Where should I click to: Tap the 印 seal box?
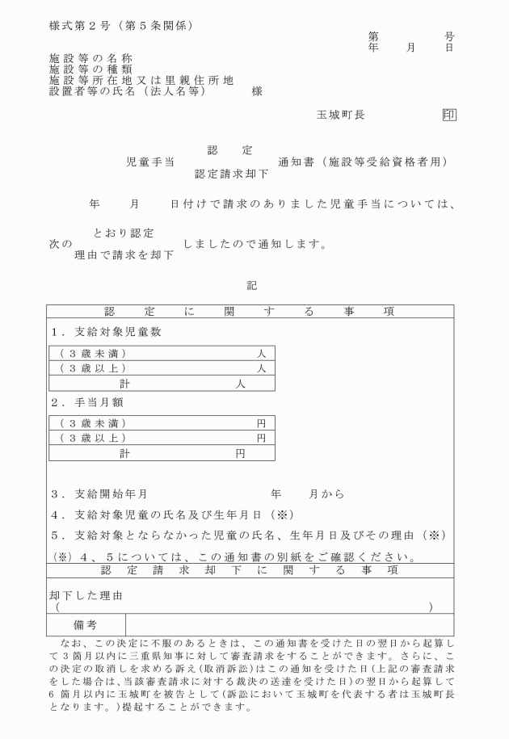point(449,115)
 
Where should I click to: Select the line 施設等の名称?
point(91,59)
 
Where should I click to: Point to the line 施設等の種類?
point(91,69)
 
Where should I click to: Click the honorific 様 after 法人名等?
point(257,91)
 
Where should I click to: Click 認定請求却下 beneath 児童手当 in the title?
point(232,173)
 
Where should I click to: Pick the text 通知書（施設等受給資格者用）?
point(363,162)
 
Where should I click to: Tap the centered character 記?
point(251,284)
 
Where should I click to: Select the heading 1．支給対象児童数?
point(101,331)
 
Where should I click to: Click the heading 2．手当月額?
point(86,402)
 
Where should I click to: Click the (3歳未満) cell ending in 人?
point(162,354)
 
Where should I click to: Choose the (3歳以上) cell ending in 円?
point(162,438)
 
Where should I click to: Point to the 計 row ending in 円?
point(162,453)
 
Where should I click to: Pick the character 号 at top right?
point(449,37)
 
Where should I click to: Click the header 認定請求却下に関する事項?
point(250,570)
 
